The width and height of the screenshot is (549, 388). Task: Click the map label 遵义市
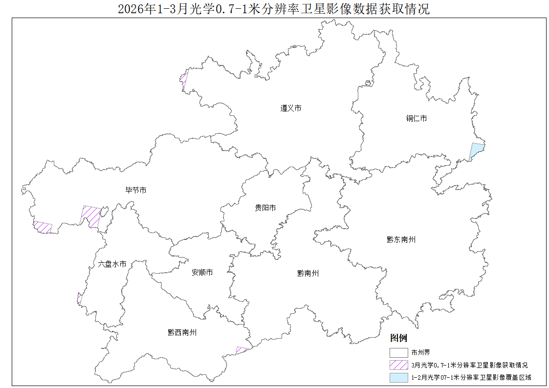(x=291, y=108)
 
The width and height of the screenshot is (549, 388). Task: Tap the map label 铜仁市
(x=416, y=118)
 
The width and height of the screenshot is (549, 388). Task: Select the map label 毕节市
(x=136, y=190)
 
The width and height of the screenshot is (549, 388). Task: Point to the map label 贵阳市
(x=265, y=208)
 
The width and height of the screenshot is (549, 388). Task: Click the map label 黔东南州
(x=401, y=239)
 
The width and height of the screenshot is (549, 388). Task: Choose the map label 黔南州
(x=307, y=273)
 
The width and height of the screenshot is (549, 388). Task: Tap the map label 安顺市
(x=202, y=272)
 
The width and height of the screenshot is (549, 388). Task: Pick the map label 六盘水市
(x=112, y=264)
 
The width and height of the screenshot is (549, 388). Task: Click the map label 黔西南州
(x=182, y=332)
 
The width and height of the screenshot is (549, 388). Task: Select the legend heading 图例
(x=398, y=338)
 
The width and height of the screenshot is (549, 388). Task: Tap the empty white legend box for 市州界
(x=398, y=352)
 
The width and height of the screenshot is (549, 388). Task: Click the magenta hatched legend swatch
(x=398, y=365)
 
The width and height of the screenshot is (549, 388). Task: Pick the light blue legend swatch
(x=398, y=377)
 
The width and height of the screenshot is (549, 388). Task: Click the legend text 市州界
(x=420, y=352)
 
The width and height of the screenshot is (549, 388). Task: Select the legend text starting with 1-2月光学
(x=471, y=377)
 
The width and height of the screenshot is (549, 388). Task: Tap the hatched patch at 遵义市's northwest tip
(x=184, y=78)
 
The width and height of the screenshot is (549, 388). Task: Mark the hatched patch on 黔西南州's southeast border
(x=241, y=350)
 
